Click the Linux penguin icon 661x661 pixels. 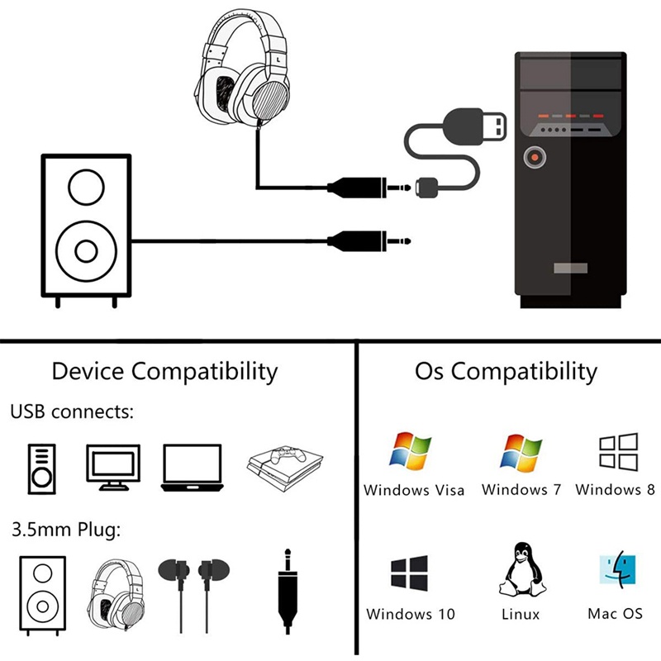click(522, 569)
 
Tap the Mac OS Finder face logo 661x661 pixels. click(617, 570)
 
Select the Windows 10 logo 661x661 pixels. click(409, 573)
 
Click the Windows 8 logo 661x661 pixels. click(618, 451)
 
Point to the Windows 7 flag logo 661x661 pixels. click(521, 453)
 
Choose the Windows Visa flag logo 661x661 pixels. click(411, 450)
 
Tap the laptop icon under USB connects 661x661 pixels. click(193, 468)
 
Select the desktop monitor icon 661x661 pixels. click(113, 467)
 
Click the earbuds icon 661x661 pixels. click(194, 595)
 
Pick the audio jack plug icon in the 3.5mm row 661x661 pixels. click(288, 591)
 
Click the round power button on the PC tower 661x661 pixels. click(535, 157)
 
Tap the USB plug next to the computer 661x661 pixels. click(474, 127)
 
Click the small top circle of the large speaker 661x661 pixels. click(87, 188)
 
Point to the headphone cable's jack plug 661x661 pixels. click(369, 188)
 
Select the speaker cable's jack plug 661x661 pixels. click(369, 241)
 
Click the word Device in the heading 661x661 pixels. click(88, 371)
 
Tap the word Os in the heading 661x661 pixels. click(429, 371)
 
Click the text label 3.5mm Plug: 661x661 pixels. click(66, 530)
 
